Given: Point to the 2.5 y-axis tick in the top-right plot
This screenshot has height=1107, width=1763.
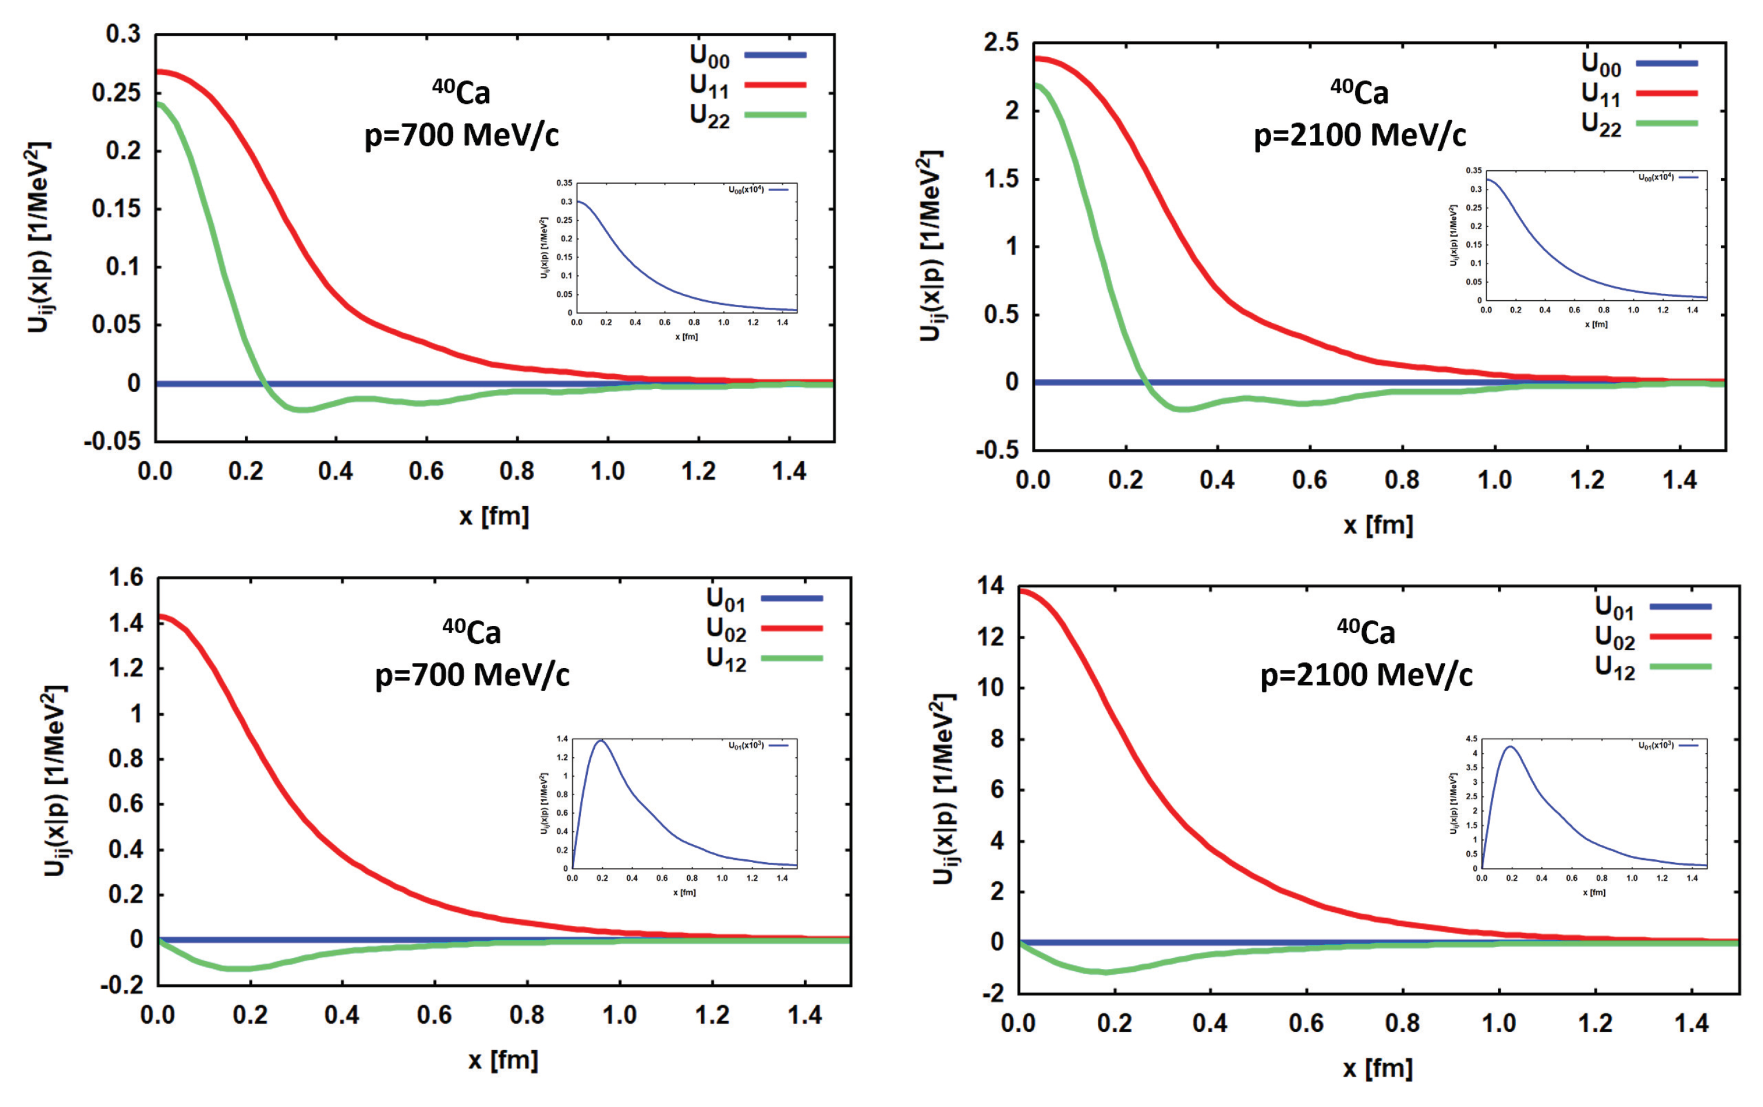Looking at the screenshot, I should click(1001, 43).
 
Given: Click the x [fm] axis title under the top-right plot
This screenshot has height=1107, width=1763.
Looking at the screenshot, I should click(1377, 524).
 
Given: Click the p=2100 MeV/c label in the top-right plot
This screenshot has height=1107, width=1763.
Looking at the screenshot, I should click(1359, 135).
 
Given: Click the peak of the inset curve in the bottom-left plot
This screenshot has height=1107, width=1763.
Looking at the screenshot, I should click(602, 740).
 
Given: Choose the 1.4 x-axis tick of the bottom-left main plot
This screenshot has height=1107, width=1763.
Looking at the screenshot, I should click(806, 1016).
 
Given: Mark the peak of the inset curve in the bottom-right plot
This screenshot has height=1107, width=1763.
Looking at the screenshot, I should click(1509, 747).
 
